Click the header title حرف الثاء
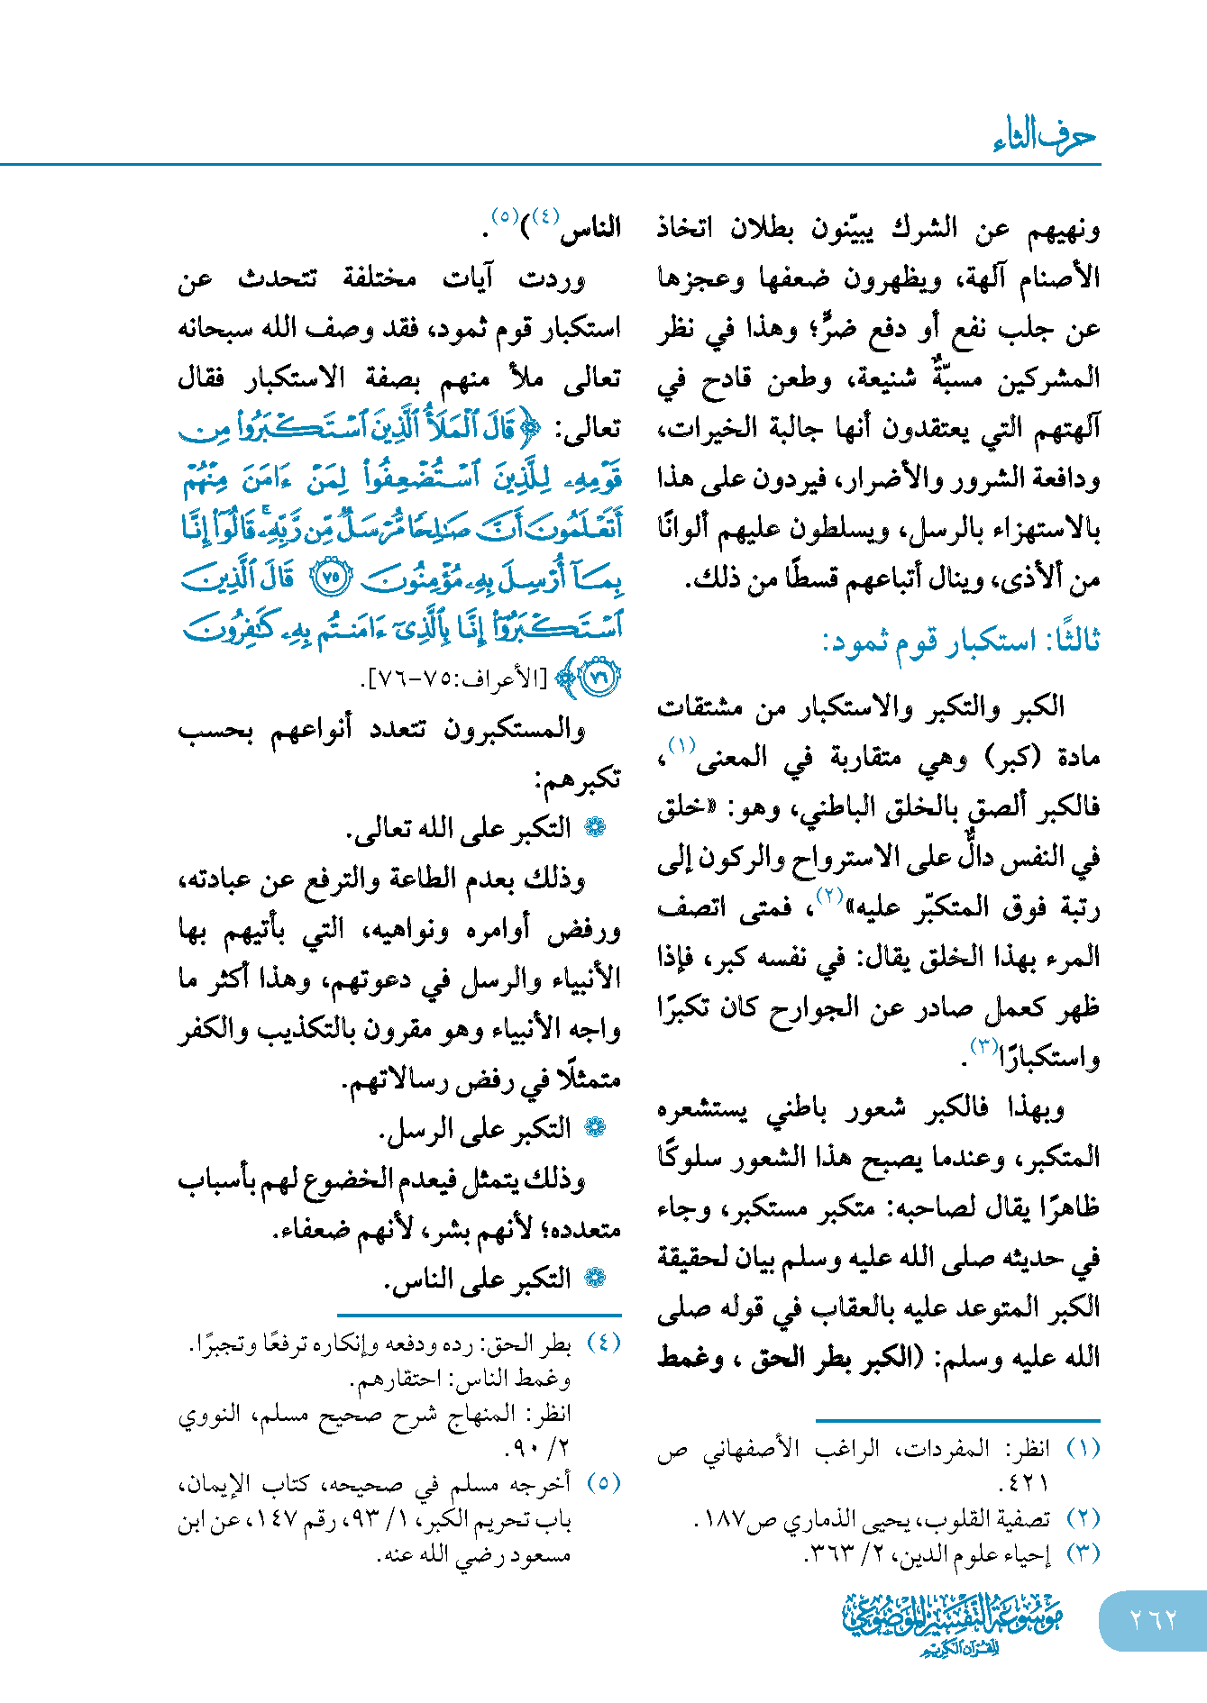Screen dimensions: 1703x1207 pos(1044,136)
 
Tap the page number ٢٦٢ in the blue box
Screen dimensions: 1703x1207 pos(1153,1620)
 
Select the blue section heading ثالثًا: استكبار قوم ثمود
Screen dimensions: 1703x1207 pos(960,642)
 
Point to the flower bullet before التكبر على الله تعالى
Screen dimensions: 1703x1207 pos(595,828)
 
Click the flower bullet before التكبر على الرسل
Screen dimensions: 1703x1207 pos(595,1128)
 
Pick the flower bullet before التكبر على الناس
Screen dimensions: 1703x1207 pos(595,1278)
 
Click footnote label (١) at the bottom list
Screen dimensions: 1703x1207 pos(1083,1448)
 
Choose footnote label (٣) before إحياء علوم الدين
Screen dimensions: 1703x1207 pos(1083,1553)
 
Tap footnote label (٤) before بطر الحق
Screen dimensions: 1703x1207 pos(603,1343)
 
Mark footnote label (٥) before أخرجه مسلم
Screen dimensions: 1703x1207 pos(603,1482)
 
